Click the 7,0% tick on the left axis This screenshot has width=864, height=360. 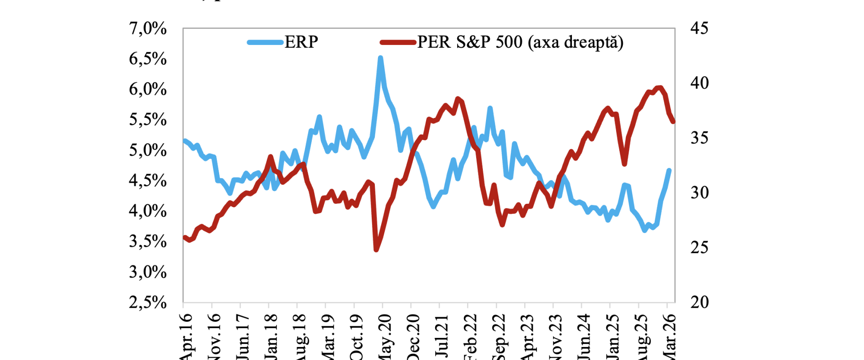148,29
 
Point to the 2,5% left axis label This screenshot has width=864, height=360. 148,302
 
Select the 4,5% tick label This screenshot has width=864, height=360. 148,181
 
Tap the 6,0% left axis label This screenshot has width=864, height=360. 148,90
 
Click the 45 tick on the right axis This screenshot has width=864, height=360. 699,29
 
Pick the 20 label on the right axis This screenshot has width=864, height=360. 699,302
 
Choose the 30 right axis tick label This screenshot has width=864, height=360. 699,193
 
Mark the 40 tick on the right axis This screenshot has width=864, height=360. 699,83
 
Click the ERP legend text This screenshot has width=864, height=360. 301,42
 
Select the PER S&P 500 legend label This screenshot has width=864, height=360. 520,42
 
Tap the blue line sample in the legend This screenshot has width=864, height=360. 265,43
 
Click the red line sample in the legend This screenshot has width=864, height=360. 398,43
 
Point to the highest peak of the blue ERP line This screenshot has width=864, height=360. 381,58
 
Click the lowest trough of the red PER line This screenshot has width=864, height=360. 376,250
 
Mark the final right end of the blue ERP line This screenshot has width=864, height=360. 670,170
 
